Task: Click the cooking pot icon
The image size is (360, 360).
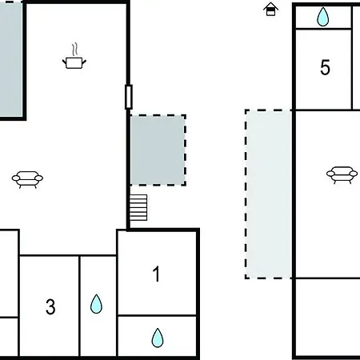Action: coord(74,63)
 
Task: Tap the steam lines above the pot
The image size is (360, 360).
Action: coord(75,50)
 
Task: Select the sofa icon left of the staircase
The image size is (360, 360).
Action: coord(27,179)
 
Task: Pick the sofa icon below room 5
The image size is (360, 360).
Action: coord(342,174)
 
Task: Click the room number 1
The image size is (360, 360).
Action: coord(156,274)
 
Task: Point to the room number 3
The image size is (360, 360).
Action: coord(50,306)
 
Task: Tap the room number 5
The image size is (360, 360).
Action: coord(325,67)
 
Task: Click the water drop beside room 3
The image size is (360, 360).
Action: coord(96,304)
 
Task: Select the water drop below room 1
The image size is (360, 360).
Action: coord(158,338)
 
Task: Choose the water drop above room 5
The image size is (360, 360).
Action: coord(322,17)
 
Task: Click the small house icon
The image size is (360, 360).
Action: coord(270,9)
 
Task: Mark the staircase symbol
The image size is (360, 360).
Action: coord(138,207)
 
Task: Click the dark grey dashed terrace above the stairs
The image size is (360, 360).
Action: coord(158,150)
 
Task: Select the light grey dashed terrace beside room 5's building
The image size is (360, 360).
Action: coord(269,194)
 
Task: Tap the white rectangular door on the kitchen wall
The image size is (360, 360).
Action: coord(129,97)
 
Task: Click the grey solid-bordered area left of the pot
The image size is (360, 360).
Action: coord(11,59)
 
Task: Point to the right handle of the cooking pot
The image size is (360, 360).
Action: coord(84,62)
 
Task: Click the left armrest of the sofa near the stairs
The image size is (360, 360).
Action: coord(16,178)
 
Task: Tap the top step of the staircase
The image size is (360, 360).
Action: coord(138,197)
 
